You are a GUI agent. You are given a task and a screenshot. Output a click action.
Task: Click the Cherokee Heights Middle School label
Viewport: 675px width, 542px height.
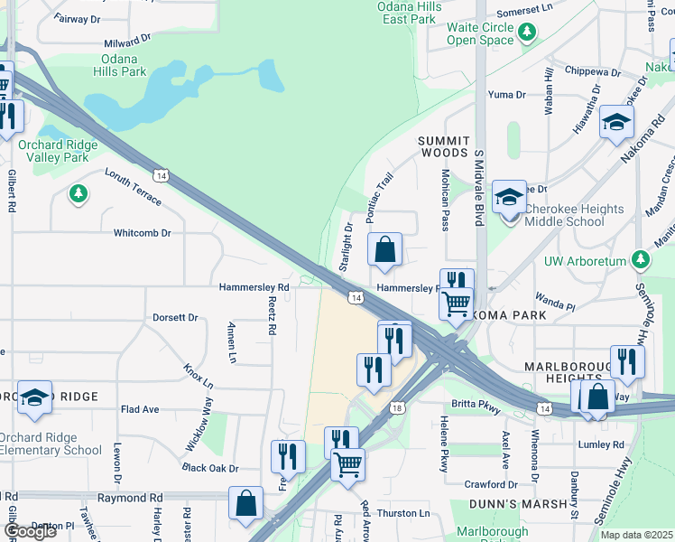coord(574,215)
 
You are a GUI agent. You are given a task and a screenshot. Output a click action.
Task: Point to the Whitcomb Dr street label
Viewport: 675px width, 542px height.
coord(142,233)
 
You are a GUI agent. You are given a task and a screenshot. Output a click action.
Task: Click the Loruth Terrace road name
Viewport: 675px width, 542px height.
coord(133,186)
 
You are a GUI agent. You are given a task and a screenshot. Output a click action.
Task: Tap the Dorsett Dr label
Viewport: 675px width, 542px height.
coord(175,318)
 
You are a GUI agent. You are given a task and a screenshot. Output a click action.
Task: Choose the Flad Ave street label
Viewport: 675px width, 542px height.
coord(140,409)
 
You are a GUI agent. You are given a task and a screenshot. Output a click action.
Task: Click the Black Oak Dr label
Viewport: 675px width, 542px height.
coord(209,469)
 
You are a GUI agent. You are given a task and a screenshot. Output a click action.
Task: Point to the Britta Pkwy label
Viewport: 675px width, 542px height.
coord(478,408)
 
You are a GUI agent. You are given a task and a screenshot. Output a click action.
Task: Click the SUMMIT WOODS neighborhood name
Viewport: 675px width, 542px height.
coord(444,147)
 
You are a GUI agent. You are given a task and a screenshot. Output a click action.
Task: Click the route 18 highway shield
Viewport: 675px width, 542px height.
coord(398,408)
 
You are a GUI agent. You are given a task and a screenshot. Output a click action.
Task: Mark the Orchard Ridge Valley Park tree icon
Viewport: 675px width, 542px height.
coord(79,192)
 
